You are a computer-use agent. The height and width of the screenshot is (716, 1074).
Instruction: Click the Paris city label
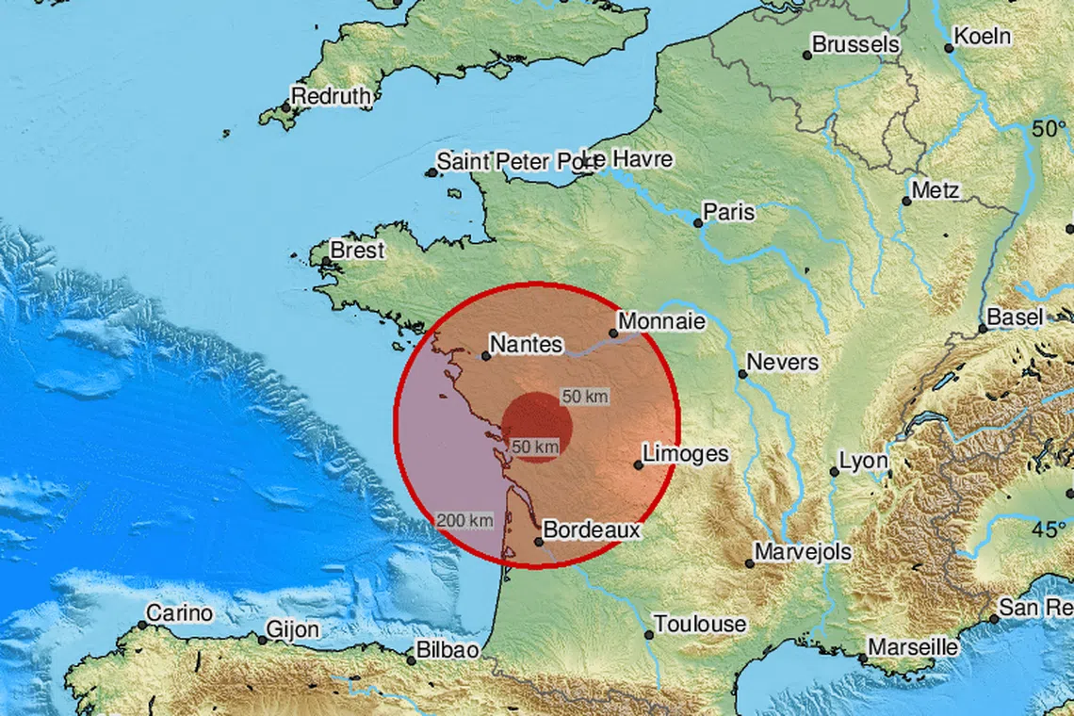pyautogui.click(x=729, y=212)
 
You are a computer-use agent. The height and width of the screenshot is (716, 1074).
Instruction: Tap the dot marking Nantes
pyautogui.click(x=486, y=356)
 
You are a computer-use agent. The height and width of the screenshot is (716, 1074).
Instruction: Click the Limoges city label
pyautogui.click(x=685, y=454)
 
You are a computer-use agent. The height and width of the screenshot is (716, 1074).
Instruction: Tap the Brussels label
pyautogui.click(x=855, y=44)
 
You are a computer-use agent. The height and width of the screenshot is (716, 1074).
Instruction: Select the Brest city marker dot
pyautogui.click(x=326, y=262)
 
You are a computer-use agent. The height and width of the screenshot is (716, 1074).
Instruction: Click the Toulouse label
pyautogui.click(x=700, y=624)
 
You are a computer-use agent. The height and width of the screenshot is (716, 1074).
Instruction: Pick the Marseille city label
pyautogui.click(x=913, y=647)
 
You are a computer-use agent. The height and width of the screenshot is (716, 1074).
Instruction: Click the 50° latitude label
pyautogui.click(x=1050, y=130)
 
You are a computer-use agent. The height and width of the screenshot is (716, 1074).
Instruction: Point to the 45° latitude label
pyautogui.click(x=1049, y=529)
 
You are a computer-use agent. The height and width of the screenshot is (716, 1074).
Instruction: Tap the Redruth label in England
pyautogui.click(x=334, y=95)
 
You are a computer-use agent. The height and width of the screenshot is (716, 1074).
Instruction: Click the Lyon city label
pyautogui.click(x=864, y=461)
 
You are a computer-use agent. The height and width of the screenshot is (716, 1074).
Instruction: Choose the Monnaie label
pyautogui.click(x=662, y=321)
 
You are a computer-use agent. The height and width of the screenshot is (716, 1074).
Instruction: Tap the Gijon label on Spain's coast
pyautogui.click(x=293, y=629)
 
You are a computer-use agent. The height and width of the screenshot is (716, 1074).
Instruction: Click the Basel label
pyautogui.click(x=1016, y=317)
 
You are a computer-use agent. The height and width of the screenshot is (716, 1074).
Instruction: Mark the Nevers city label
pyautogui.click(x=783, y=362)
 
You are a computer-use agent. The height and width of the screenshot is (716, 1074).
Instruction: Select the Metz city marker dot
pyautogui.click(x=906, y=201)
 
